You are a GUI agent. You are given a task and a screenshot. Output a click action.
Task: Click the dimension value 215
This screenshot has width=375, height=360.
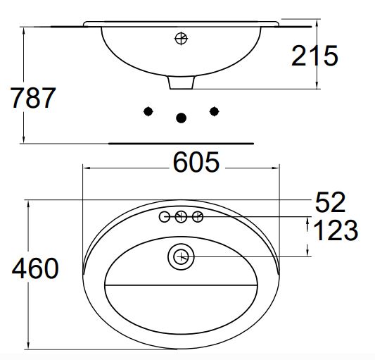point(314,56)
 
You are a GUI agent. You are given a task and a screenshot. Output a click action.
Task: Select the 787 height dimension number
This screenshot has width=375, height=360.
point(33,99)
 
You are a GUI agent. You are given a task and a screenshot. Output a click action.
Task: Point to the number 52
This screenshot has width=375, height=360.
point(330,203)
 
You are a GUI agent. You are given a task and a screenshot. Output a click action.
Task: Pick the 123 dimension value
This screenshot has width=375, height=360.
point(334,230)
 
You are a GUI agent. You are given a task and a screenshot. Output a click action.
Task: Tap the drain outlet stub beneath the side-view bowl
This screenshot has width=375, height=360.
point(181,82)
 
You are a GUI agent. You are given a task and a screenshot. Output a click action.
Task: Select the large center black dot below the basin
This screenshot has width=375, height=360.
point(182,118)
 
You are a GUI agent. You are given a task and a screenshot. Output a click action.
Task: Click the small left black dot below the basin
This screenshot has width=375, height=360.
point(148,111)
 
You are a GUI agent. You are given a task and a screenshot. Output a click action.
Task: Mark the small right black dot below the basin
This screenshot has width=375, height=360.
point(215,111)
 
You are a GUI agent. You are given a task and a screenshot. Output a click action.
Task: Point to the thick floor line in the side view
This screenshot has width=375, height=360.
point(181,143)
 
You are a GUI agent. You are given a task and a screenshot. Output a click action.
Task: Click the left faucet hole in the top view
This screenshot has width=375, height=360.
point(165,217)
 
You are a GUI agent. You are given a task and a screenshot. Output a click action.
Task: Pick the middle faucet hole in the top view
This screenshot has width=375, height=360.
point(181,217)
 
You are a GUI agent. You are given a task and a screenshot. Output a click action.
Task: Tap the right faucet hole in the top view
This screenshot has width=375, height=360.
point(198,217)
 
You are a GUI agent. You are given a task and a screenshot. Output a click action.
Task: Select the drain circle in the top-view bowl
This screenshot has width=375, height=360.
point(181,256)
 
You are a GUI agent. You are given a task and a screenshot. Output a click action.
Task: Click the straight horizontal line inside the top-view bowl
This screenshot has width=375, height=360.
point(181,285)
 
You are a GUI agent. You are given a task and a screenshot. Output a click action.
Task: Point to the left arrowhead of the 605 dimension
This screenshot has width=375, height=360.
point(86,168)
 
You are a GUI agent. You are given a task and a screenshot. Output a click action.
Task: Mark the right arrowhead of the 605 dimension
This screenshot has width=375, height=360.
point(276,168)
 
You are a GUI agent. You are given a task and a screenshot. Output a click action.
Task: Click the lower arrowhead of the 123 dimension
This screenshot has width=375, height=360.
point(307,253)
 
